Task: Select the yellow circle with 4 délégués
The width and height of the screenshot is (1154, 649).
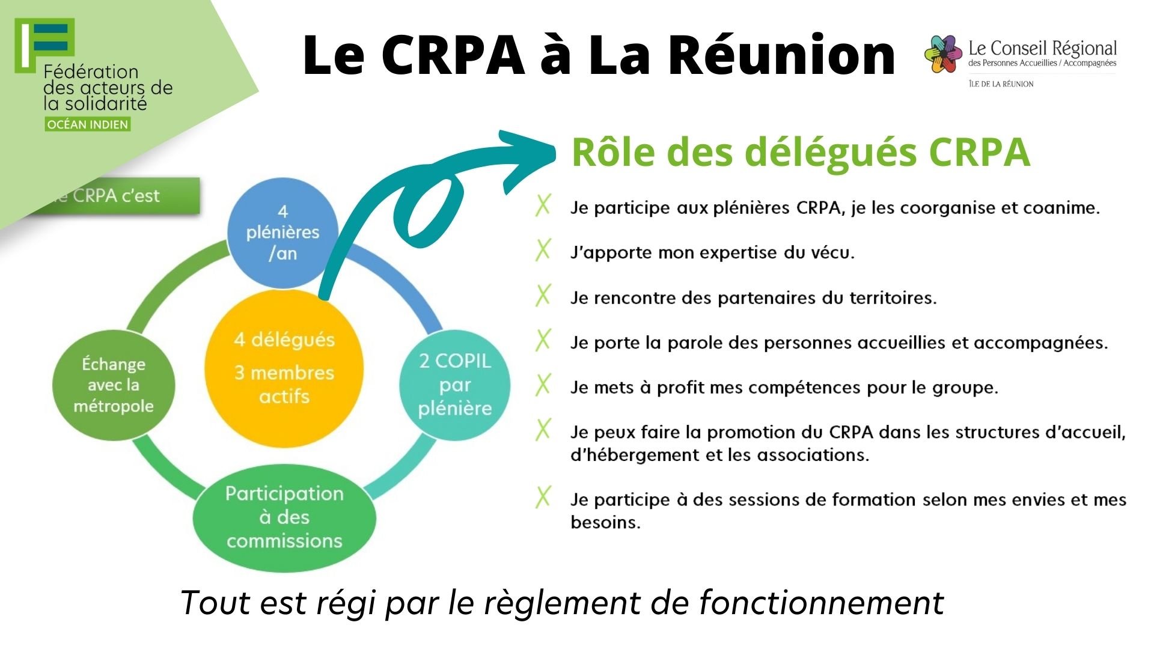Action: point(284,368)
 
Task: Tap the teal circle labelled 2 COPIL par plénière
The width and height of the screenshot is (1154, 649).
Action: point(455,385)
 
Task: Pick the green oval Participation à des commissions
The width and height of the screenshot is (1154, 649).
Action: point(284,517)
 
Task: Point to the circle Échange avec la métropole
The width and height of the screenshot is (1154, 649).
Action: point(114,385)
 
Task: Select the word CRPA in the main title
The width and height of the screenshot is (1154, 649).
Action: point(454,55)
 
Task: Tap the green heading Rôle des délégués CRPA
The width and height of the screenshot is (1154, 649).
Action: point(801,152)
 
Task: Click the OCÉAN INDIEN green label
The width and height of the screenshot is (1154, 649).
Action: point(88,124)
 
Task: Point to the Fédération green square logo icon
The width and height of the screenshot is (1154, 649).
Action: point(45,42)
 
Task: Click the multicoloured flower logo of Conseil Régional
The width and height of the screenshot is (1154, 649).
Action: point(943,54)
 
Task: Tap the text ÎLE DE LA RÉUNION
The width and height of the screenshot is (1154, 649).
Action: point(1001,84)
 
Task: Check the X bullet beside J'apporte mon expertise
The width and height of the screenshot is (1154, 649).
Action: point(543,250)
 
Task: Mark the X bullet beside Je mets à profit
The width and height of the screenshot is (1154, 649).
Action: point(543,385)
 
